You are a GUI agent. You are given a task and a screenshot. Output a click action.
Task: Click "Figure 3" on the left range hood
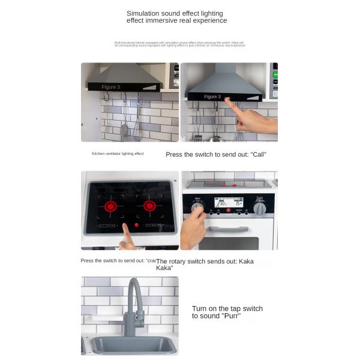[110, 88]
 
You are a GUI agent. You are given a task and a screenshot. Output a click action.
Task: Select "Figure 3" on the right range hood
[212, 97]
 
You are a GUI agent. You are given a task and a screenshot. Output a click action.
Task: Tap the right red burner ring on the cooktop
[149, 206]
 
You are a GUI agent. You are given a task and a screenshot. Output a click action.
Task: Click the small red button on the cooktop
[136, 225]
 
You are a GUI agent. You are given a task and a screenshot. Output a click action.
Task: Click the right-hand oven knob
[259, 208]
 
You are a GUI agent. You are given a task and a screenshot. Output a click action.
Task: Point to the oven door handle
[229, 229]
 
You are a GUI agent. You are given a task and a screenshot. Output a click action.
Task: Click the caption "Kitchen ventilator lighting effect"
[118, 154]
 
